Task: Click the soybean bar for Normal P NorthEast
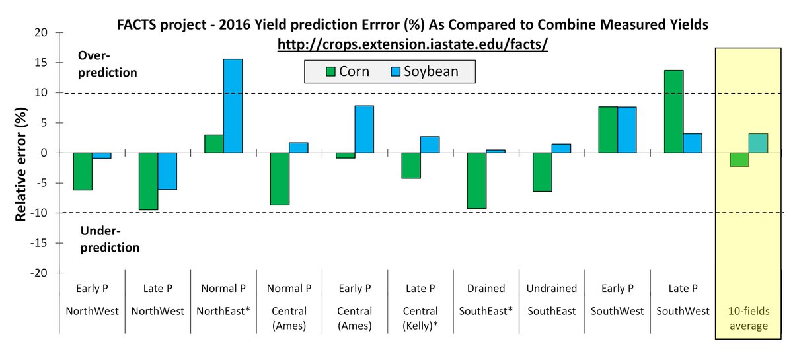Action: [x=233, y=106]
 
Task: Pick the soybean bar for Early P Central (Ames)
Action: [x=364, y=129]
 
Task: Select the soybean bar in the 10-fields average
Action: [x=758, y=143]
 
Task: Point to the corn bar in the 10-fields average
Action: [x=739, y=159]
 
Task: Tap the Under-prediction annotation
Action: [x=110, y=239]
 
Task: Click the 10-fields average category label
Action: [x=748, y=318]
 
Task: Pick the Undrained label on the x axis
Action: [x=552, y=289]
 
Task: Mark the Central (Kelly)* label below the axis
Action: [x=420, y=318]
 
